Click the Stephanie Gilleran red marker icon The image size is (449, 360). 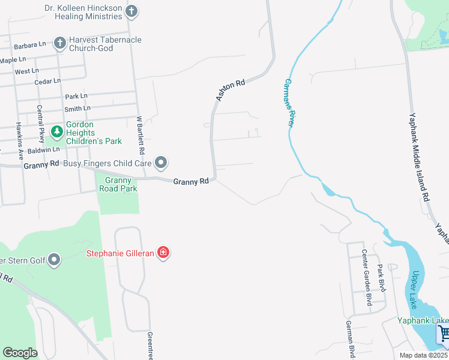(x=163, y=253)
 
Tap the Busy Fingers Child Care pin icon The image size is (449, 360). (x=161, y=163)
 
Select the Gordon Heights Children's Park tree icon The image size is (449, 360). (x=57, y=131)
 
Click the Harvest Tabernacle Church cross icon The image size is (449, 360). (x=59, y=43)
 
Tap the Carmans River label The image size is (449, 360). (x=289, y=102)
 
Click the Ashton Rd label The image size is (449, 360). (x=231, y=89)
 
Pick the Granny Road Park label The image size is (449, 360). (x=121, y=184)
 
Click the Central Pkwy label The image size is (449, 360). (x=41, y=124)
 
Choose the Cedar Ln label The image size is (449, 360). (x=47, y=81)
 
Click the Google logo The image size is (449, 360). (x=20, y=353)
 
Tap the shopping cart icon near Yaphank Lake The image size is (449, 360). (x=444, y=333)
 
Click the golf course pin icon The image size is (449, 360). (x=55, y=260)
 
